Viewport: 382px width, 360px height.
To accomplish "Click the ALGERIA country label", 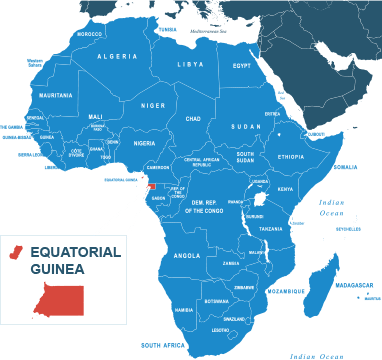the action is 118,56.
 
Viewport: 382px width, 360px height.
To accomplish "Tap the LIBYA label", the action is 190,64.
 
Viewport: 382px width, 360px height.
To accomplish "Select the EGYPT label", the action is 242,66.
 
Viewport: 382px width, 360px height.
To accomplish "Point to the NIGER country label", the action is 153,104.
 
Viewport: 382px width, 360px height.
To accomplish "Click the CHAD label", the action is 193,118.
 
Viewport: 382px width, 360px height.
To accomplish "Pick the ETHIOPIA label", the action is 291,156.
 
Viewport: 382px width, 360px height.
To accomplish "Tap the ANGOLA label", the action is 187,255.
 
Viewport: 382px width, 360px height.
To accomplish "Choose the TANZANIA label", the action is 271,229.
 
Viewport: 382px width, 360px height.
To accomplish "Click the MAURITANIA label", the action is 55,95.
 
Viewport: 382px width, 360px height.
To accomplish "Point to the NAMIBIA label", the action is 183,309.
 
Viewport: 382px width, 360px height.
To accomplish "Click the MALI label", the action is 96,116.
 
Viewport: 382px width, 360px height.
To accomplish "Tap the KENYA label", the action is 285,188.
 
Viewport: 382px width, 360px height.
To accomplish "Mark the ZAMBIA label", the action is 231,263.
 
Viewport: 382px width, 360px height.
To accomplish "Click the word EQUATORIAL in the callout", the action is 75,251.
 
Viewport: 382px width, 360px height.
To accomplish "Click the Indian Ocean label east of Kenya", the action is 331,207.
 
